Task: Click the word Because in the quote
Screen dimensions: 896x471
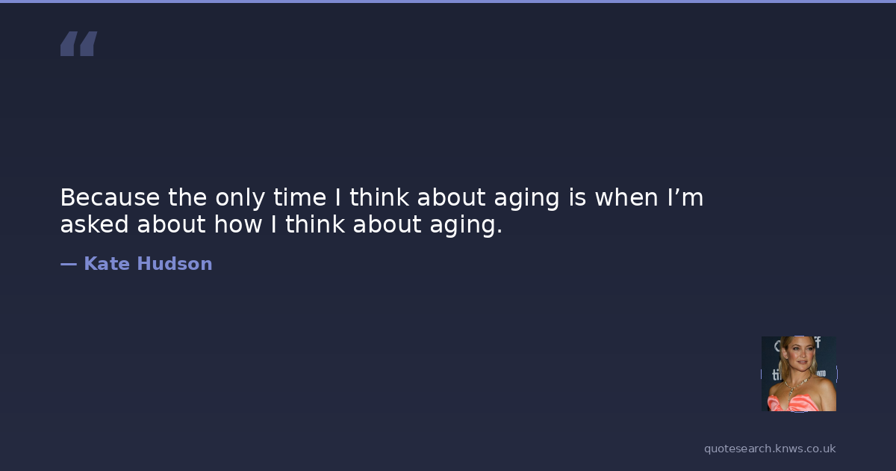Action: point(110,197)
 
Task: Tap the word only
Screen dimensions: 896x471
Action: point(240,199)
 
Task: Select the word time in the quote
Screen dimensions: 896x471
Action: point(300,197)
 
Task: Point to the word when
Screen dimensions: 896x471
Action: point(626,197)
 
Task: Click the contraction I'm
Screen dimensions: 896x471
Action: point(685,197)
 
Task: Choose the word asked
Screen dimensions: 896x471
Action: point(94,224)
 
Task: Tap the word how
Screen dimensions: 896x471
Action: point(238,224)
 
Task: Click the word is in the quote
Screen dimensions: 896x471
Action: point(578,197)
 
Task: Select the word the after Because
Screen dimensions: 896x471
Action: point(187,197)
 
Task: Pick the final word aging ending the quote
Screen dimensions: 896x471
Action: point(466,225)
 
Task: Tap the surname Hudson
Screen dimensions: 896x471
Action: point(175,263)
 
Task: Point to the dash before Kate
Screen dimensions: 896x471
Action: point(69,264)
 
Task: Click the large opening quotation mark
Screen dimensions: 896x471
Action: point(79,43)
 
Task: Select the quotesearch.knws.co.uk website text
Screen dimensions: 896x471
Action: point(770,449)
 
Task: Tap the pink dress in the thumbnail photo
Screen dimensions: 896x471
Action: point(796,402)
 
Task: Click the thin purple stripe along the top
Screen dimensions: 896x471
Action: point(448,1)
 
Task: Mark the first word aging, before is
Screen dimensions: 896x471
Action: point(526,199)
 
